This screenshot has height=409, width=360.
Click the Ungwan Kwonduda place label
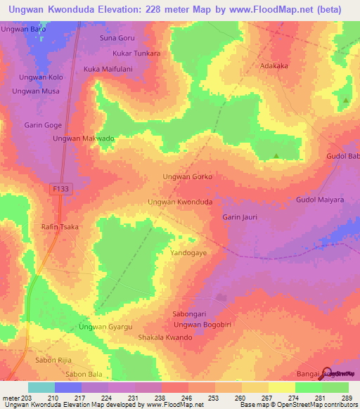[x=180, y=202]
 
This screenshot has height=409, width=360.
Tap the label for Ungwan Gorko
[x=187, y=176]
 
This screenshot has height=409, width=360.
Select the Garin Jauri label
[x=240, y=217]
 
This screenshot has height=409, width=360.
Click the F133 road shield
[x=60, y=189]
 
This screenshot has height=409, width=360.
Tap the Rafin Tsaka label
[x=60, y=227]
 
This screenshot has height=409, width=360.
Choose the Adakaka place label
[x=275, y=65]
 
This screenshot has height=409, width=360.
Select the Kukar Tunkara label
[x=136, y=53]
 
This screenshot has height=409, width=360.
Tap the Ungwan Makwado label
[x=84, y=138]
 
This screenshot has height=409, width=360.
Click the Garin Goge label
[x=44, y=125]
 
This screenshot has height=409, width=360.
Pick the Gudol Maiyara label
[x=320, y=200]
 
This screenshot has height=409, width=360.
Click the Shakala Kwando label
[x=165, y=337]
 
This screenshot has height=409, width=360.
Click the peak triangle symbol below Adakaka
[x=276, y=155]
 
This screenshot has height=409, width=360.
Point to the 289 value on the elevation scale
[x=346, y=398]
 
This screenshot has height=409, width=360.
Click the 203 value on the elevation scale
[x=23, y=398]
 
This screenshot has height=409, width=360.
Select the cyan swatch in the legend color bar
[x=41, y=387]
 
